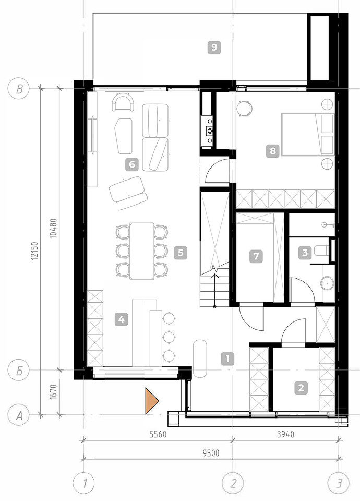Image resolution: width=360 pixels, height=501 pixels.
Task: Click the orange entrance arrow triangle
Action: click(151, 401)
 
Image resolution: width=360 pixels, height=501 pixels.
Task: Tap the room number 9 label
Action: click(214, 47)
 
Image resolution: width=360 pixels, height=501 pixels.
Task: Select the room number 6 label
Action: click(131, 164)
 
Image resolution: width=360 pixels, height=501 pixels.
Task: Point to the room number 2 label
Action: click(301, 388)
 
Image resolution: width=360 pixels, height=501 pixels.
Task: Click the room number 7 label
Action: click(256, 256)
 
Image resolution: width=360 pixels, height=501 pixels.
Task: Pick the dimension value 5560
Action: click(158, 434)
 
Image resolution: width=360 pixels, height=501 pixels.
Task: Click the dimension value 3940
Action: click(285, 434)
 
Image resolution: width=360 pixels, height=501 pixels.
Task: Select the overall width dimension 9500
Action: click(211, 453)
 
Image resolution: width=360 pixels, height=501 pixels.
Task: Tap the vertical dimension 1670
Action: click(53, 392)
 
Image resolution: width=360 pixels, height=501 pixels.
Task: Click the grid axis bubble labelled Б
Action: click(19, 371)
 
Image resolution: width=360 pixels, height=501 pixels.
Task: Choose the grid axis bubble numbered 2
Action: click(233, 483)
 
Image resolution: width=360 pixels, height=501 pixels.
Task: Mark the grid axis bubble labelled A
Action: click(19, 415)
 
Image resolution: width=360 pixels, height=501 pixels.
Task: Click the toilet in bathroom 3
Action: click(321, 250)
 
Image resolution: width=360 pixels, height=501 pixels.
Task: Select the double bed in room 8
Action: click(308, 134)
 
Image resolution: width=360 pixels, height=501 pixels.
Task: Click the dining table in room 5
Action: click(142, 251)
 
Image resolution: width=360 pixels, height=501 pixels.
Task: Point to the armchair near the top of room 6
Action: click(123, 102)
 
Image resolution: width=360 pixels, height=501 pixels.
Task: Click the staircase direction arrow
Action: click(214, 287)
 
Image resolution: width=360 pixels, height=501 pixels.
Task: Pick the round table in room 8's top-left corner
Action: click(244, 108)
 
